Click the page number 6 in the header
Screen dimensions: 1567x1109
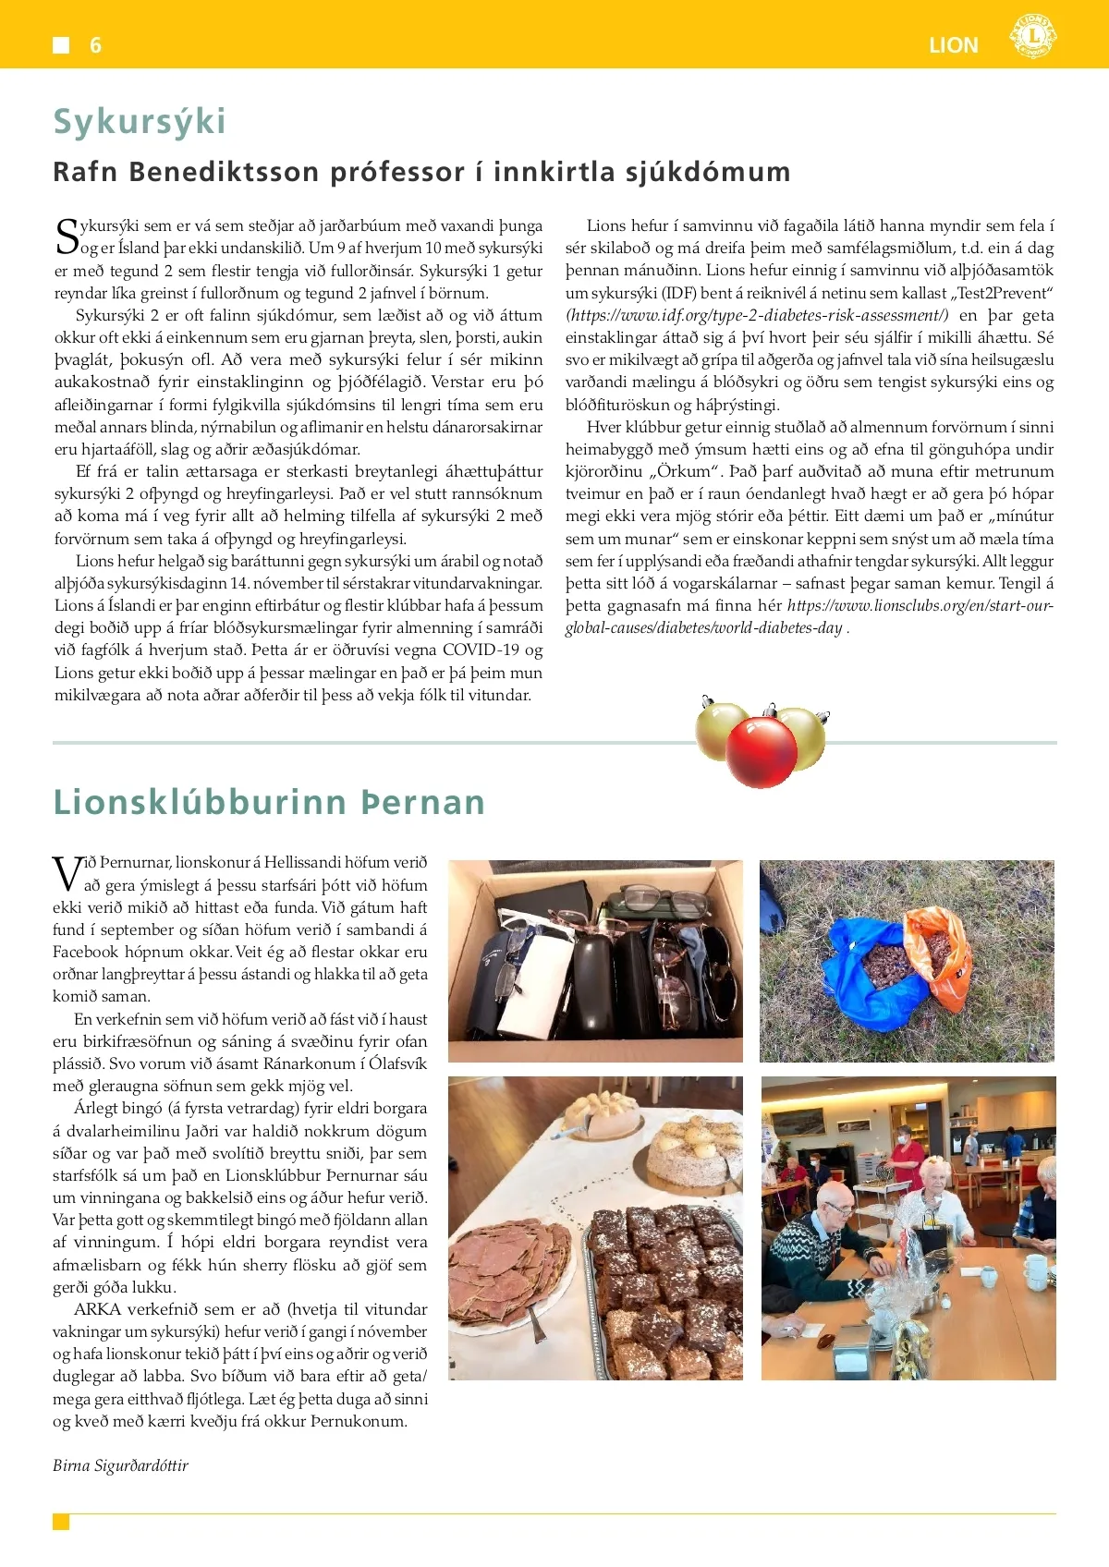(x=95, y=45)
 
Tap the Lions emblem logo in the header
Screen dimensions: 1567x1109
(x=1032, y=37)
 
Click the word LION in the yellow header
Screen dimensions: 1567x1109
(x=953, y=45)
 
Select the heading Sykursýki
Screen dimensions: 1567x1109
(x=140, y=121)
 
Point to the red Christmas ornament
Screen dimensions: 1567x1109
(x=761, y=751)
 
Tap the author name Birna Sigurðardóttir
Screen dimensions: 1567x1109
(x=120, y=1465)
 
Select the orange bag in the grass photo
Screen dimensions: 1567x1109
(x=941, y=956)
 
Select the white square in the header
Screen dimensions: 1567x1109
(x=61, y=45)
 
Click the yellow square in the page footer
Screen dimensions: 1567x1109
(x=61, y=1522)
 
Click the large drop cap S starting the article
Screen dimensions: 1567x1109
(x=67, y=237)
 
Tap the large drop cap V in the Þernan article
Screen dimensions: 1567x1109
(x=67, y=873)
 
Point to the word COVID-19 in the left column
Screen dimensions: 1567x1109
(x=481, y=650)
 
